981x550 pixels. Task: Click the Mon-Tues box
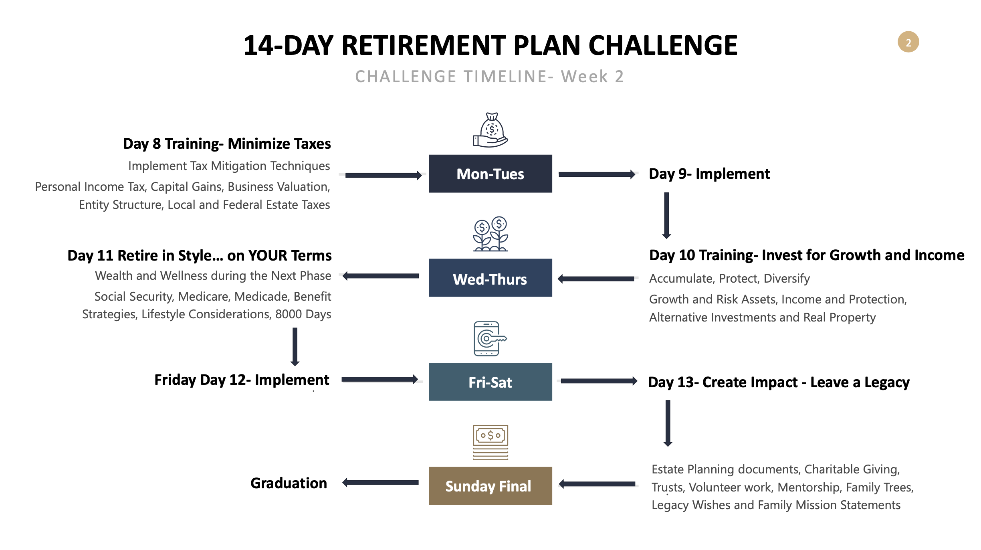tap(490, 174)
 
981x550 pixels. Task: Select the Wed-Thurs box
tap(490, 278)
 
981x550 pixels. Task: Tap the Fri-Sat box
tap(490, 382)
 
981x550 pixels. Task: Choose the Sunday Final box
tap(490, 485)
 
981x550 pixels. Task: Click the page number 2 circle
tap(908, 42)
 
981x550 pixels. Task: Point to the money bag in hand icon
tap(490, 130)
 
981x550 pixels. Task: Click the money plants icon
tap(490, 234)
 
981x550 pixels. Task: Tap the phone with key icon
tap(490, 339)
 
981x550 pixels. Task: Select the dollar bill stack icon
tap(490, 442)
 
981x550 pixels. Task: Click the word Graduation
tap(289, 483)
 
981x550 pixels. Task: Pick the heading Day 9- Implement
tap(709, 174)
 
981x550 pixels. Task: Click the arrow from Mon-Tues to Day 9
tap(597, 174)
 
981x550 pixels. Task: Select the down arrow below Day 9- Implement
tap(666, 216)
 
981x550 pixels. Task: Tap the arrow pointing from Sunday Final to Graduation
tap(380, 483)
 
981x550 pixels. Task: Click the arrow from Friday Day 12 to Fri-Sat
tap(380, 379)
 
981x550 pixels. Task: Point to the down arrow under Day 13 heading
tap(668, 423)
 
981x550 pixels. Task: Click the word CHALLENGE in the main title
tap(663, 45)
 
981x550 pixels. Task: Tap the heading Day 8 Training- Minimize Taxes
tap(227, 144)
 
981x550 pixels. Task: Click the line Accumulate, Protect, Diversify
tap(729, 279)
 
